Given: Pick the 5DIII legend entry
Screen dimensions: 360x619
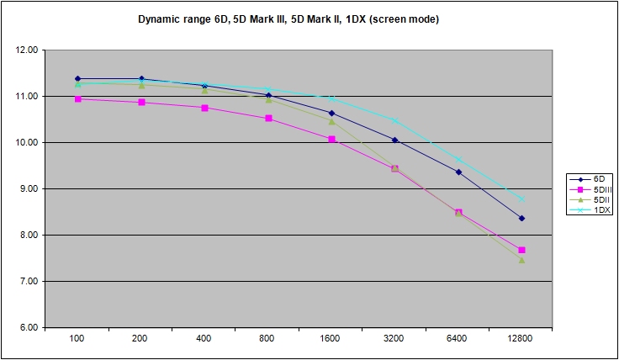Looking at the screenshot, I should [x=596, y=189].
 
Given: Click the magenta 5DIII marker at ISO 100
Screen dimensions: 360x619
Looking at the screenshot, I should [x=77, y=99].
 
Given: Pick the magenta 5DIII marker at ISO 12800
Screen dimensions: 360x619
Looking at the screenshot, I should [x=521, y=250].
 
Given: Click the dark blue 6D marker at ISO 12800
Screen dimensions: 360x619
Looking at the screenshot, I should [x=521, y=219].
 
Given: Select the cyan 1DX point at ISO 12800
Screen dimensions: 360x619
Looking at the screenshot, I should [x=521, y=199].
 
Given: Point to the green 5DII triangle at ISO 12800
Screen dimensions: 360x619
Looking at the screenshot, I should [x=521, y=260].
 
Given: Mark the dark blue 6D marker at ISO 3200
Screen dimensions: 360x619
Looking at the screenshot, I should [x=394, y=140].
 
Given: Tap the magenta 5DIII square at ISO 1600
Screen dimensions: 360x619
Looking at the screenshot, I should [x=331, y=139].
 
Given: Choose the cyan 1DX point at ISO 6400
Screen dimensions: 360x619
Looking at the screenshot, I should [x=458, y=160].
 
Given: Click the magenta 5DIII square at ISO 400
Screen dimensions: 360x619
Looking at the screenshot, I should [x=204, y=108].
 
